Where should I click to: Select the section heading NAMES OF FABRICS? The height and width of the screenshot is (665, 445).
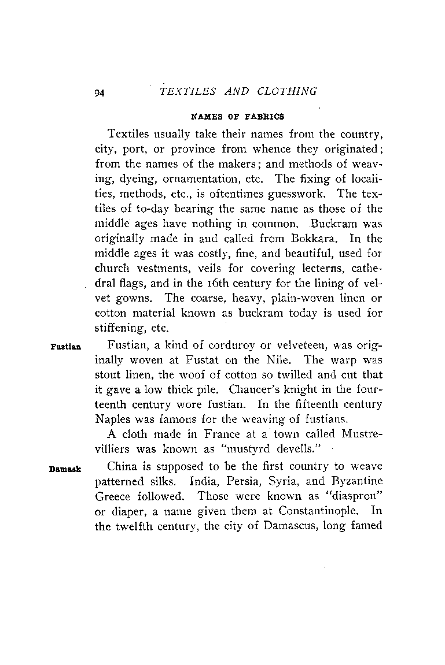(238, 116)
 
